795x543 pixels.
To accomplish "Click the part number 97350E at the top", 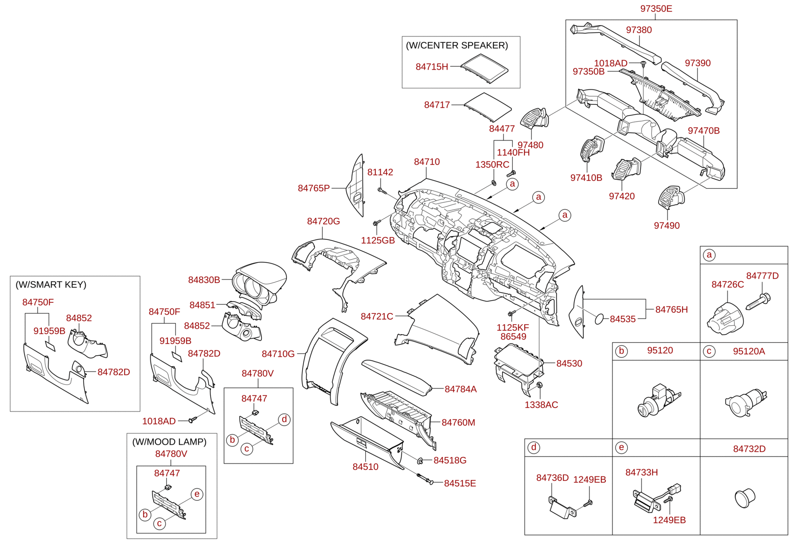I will pyautogui.click(x=656, y=9).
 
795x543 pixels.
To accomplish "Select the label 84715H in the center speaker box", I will pyautogui.click(x=432, y=67).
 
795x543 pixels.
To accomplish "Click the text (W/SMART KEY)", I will pyautogui.click(x=51, y=285).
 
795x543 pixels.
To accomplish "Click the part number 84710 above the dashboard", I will pyautogui.click(x=427, y=162).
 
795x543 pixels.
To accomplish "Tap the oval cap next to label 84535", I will pyautogui.click(x=599, y=319).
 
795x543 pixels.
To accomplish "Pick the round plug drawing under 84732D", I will pyautogui.click(x=745, y=498).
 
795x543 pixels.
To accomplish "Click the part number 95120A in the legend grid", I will pyautogui.click(x=748, y=351).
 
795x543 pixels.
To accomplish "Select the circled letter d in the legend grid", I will pyautogui.click(x=533, y=447).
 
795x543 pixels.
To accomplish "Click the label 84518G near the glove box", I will pyautogui.click(x=450, y=460).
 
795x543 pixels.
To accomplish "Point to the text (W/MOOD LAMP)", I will pyautogui.click(x=169, y=442).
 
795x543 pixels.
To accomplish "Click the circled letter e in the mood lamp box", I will pyautogui.click(x=197, y=494).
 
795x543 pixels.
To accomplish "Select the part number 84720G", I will pyautogui.click(x=323, y=221).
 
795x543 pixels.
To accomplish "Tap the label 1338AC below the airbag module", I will pyautogui.click(x=541, y=405).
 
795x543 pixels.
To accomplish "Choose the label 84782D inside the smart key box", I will pyautogui.click(x=114, y=372).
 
